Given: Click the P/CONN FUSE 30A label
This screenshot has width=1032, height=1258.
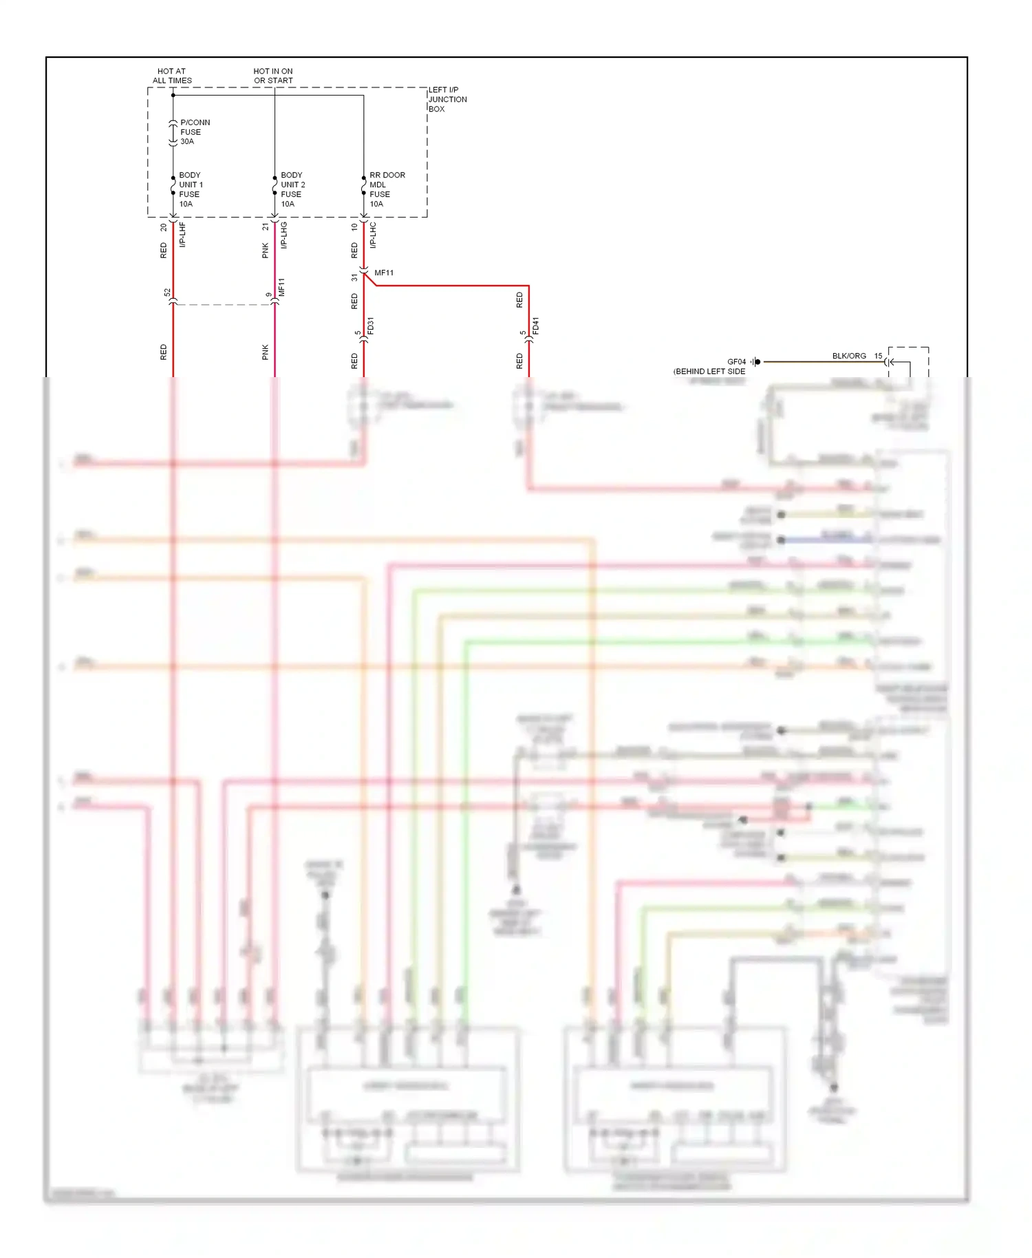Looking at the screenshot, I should coord(194,132).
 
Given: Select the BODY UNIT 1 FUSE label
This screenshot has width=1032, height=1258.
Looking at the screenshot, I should coord(191,189).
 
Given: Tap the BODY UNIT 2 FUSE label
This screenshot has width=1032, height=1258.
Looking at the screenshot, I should coord(292,189).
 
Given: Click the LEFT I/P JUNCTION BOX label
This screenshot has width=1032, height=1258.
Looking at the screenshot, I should coord(447,99).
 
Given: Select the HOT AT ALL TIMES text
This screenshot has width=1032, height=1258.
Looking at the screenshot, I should coord(172,76).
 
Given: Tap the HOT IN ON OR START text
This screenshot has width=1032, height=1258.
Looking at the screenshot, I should coord(273,76).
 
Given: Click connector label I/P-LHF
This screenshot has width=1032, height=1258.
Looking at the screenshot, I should coord(183,235).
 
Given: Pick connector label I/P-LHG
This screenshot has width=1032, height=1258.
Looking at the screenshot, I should coord(284,235).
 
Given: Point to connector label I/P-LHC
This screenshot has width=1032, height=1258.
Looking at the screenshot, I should coord(373,235).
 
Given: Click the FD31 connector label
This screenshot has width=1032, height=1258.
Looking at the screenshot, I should coord(371,326).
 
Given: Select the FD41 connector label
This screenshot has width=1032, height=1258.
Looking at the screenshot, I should coord(536,326).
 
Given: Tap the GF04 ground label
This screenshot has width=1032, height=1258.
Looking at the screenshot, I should coord(736,361).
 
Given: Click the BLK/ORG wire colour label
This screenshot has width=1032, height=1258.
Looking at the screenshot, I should coord(849,356).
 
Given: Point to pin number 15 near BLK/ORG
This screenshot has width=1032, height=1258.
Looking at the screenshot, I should coord(878,356).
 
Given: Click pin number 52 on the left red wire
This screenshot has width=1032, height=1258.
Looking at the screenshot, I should coord(167,292).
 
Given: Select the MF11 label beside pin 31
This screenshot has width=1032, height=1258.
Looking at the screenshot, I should coord(384,273).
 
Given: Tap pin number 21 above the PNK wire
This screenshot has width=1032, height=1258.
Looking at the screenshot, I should coord(265,226).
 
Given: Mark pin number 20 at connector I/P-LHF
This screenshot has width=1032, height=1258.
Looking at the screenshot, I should coord(164,226).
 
